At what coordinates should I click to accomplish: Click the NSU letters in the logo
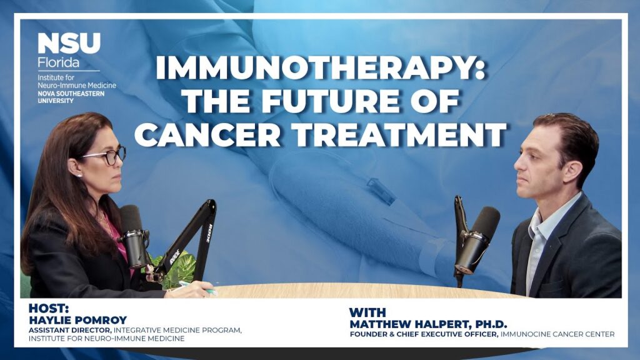coord(69,44)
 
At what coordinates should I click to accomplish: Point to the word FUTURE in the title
coord(354,101)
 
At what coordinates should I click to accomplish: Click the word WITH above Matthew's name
coord(367,311)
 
